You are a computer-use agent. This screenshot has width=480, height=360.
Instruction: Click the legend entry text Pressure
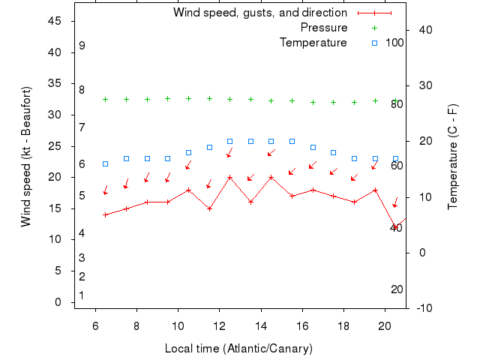tap(324, 28)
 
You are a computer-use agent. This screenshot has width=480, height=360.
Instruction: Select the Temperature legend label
tap(313, 43)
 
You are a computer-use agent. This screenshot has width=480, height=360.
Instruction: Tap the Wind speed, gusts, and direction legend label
tap(260, 13)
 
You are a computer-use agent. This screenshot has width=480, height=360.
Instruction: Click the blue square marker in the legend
tap(374, 43)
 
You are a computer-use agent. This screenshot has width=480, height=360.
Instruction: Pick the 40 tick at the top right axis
tap(422, 30)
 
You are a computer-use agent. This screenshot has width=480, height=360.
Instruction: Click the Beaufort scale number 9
tap(82, 46)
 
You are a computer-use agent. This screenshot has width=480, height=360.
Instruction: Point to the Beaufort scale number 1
tap(82, 295)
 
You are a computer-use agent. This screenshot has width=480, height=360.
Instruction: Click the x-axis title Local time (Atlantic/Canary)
tap(238, 349)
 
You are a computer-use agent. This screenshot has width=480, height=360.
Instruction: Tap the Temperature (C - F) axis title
tap(453, 156)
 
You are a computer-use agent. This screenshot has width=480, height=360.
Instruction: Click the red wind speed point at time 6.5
tap(106, 214)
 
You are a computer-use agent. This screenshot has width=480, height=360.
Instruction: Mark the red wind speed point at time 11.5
tap(209, 208)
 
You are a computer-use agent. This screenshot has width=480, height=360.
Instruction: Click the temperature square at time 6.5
tap(106, 163)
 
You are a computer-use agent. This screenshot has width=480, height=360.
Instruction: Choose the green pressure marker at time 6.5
tap(106, 99)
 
